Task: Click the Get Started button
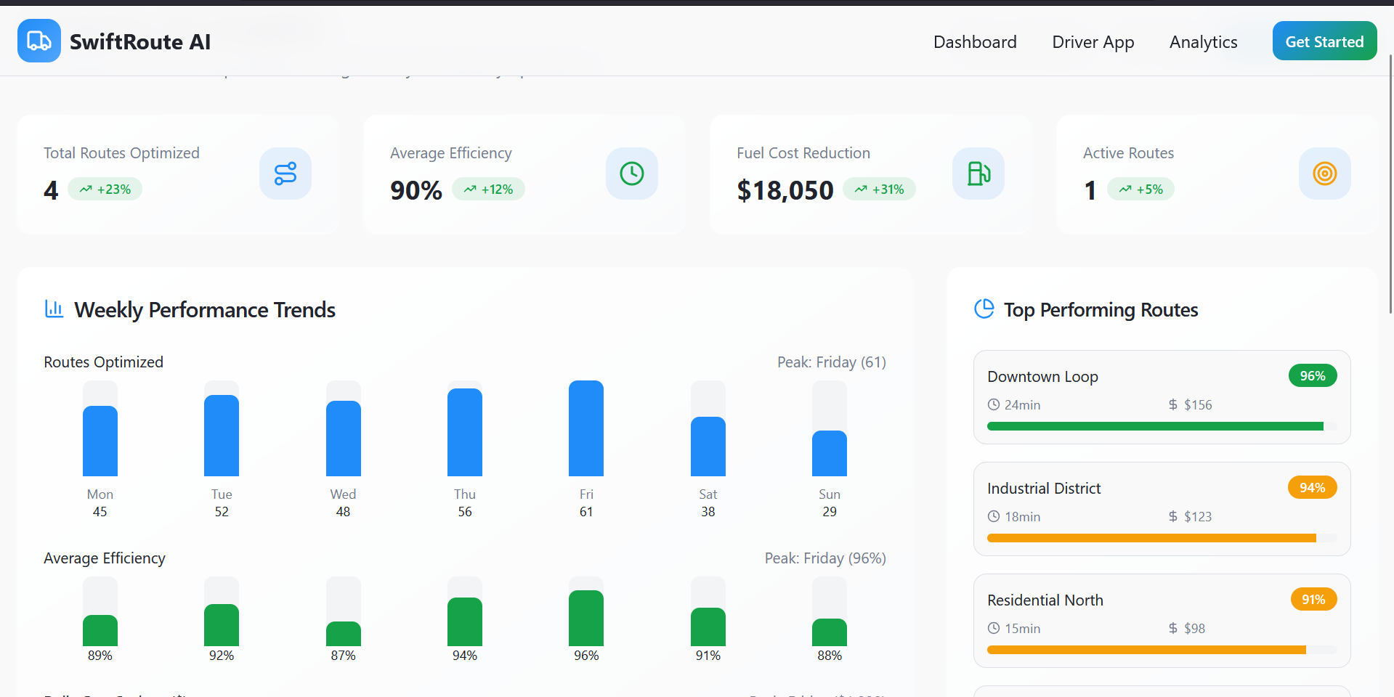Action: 1324,41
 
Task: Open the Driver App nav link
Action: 1093,42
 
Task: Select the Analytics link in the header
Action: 1203,42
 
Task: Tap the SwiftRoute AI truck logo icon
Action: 39,41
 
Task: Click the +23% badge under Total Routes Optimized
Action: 105,189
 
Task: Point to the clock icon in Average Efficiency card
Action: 631,174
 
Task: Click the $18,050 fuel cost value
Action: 785,190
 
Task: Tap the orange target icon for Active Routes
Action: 1324,174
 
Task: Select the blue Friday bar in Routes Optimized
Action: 586,428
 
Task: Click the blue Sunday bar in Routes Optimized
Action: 829,454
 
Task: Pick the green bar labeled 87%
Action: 344,634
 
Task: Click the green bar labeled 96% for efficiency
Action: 586,619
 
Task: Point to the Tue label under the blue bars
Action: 222,494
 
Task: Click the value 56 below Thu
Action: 465,512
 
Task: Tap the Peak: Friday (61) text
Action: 831,362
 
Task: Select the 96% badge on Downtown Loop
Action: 1312,376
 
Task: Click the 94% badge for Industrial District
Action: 1312,488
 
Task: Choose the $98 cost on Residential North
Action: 1194,629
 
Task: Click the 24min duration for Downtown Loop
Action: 1022,405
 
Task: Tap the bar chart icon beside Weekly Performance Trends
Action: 54,309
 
